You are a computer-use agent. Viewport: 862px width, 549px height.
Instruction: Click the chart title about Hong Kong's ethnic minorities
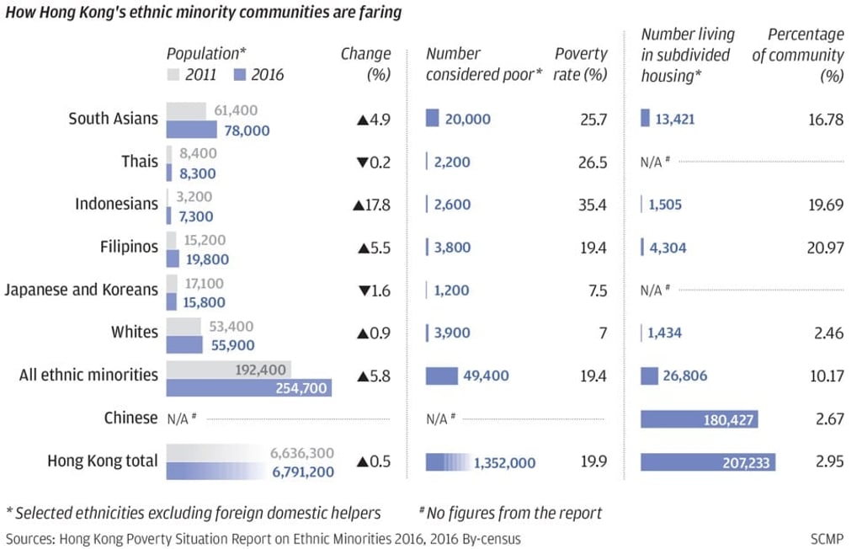pyautogui.click(x=204, y=13)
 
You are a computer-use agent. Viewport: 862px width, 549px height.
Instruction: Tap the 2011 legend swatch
pyautogui.click(x=173, y=75)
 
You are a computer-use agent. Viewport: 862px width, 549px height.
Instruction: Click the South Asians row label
pyautogui.click(x=113, y=119)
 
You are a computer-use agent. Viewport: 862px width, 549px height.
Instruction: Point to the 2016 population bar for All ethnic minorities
pyautogui.click(x=249, y=387)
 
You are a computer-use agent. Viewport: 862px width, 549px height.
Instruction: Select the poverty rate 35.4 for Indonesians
pyautogui.click(x=592, y=205)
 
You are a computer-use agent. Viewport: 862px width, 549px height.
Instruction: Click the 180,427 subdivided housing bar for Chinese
pyautogui.click(x=699, y=419)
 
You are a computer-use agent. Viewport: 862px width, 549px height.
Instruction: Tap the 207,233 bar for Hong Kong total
pyautogui.click(x=707, y=462)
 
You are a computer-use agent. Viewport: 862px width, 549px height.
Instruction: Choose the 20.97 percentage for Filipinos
pyautogui.click(x=827, y=248)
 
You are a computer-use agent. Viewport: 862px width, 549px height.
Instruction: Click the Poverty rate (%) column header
pyautogui.click(x=581, y=64)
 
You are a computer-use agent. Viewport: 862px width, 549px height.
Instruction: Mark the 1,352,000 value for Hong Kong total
pyautogui.click(x=504, y=462)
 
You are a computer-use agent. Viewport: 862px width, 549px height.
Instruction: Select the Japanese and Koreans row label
pyautogui.click(x=81, y=290)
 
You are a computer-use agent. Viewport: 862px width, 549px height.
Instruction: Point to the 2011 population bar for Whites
pyautogui.click(x=184, y=326)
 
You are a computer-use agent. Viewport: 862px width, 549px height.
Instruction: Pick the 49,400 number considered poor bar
pyautogui.click(x=441, y=376)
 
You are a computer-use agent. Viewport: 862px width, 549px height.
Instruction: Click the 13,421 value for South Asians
pyautogui.click(x=676, y=119)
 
